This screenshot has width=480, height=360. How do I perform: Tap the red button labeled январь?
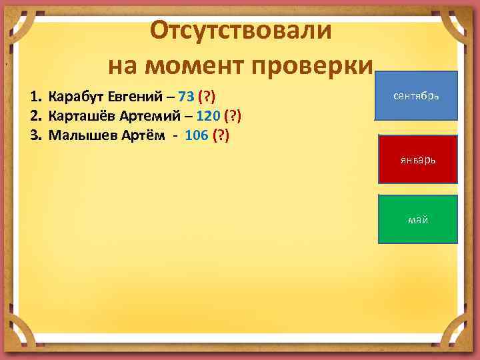(x=418, y=160)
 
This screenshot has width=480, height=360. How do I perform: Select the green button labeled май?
(x=418, y=219)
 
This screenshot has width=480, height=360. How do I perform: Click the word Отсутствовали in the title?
(x=239, y=30)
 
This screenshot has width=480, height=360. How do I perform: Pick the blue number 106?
(x=195, y=137)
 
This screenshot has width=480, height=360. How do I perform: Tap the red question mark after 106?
(x=221, y=137)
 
